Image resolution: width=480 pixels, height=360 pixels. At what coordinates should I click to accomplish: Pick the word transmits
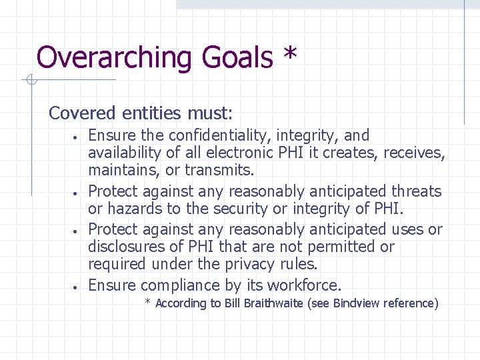219,171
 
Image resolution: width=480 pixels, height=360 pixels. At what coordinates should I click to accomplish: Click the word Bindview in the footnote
357,303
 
